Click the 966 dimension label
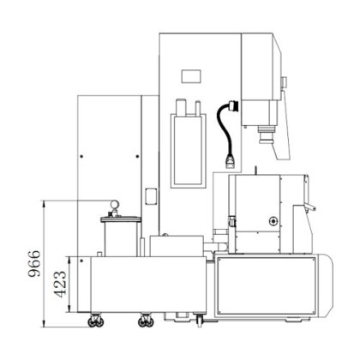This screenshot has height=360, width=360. tap(34, 264)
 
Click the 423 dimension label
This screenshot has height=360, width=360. tap(60, 285)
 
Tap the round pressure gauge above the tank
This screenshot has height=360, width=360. tap(115, 204)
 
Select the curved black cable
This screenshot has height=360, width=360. tap(224, 129)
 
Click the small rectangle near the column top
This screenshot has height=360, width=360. tap(191, 76)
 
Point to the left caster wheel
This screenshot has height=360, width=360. tap(95, 321)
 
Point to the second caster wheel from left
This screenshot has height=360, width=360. tap(146, 321)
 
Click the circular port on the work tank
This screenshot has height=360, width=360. tap(273, 221)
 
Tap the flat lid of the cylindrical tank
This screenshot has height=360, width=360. tap(121, 219)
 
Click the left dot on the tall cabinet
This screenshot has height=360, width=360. tap(81, 156)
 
